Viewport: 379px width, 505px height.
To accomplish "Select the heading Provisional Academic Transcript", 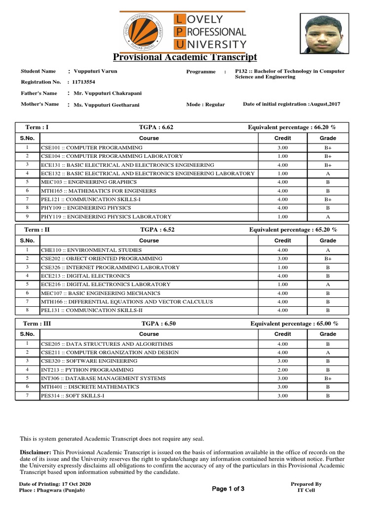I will [x=185, y=57].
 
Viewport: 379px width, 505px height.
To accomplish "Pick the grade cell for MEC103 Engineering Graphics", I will [x=328, y=182].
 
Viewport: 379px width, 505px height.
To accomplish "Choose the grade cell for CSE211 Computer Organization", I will [x=328, y=352].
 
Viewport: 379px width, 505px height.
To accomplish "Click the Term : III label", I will [x=38, y=324].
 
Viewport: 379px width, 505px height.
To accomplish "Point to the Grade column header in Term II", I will [x=328, y=241].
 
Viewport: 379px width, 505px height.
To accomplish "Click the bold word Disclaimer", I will [x=35, y=452].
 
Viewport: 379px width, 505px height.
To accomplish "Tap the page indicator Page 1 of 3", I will [x=228, y=489].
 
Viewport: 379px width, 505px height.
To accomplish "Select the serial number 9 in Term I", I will [x=28, y=216].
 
